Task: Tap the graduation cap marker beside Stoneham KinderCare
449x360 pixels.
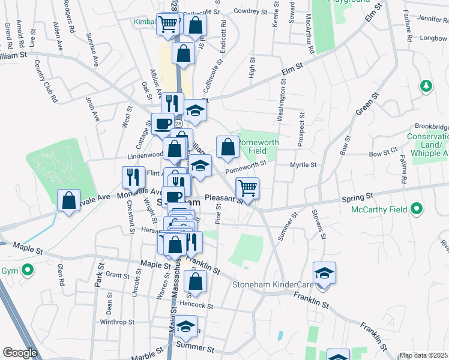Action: pyautogui.click(x=324, y=273)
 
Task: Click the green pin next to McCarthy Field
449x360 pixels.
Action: pyautogui.click(x=415, y=210)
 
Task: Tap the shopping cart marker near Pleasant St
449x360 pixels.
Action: pyautogui.click(x=247, y=188)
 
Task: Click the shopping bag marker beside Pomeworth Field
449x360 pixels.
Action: pyautogui.click(x=228, y=147)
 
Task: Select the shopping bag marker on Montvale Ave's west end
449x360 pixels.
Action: pyautogui.click(x=69, y=199)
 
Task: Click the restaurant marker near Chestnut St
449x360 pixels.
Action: pyautogui.click(x=133, y=177)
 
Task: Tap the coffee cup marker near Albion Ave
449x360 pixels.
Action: pyautogui.click(x=163, y=124)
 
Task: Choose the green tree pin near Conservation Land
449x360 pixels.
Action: pyautogui.click(x=426, y=86)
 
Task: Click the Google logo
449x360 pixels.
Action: pyautogui.click(x=20, y=353)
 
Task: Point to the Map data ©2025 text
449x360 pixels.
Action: pyautogui.click(x=423, y=355)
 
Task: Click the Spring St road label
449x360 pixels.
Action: pyautogui.click(x=358, y=196)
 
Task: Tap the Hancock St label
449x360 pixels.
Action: pyautogui.click(x=196, y=305)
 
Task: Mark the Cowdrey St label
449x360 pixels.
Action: pyautogui.click(x=250, y=11)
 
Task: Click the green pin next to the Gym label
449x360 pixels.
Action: pyautogui.click(x=26, y=271)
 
